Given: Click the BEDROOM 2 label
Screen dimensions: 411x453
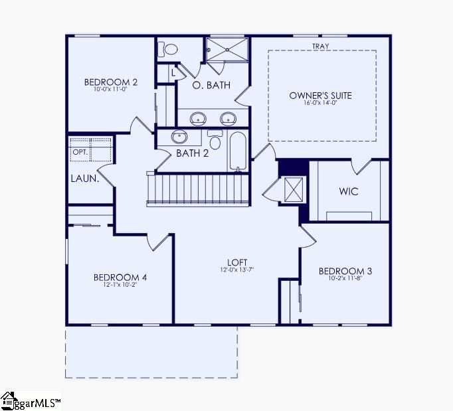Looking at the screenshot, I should point(111,82).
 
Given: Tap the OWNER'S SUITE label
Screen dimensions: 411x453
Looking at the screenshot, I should point(321,96).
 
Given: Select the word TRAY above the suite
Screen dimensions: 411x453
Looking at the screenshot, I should point(321,46).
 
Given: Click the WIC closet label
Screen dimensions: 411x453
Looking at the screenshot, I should point(349,192).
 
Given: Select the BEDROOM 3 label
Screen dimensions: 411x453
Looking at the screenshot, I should point(345,271).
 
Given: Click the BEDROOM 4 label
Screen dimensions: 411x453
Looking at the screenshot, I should point(120,278).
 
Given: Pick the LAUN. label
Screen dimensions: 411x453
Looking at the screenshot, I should point(85,179).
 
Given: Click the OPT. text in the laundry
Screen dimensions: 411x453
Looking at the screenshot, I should point(80,151).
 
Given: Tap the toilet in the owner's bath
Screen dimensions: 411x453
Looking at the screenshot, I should point(170,49).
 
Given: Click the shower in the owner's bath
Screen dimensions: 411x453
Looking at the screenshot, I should point(226,50).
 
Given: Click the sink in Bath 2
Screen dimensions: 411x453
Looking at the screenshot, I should point(179,137).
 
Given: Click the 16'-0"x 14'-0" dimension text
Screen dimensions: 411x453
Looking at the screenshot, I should point(321,104).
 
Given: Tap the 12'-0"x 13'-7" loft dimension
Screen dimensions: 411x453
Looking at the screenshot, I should point(238,270).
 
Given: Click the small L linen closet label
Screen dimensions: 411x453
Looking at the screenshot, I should point(173,72).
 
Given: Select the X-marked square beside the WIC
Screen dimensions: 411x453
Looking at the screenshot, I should point(293,189).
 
